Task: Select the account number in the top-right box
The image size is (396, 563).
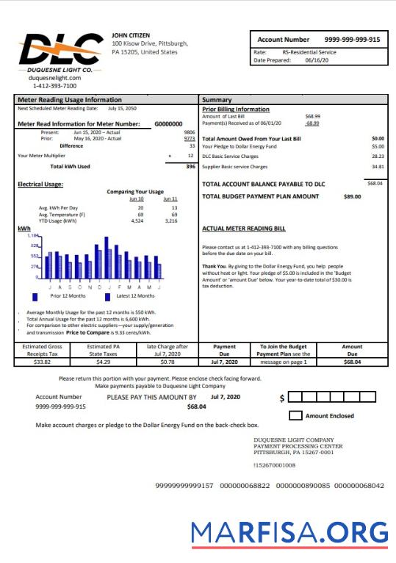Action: pyautogui.click(x=353, y=39)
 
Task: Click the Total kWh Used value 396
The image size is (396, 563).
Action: pyautogui.click(x=190, y=167)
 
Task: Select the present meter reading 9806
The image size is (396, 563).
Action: pyautogui.click(x=189, y=132)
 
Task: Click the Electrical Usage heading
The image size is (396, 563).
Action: pyautogui.click(x=40, y=184)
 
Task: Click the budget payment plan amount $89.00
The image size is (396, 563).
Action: pyautogui.click(x=352, y=197)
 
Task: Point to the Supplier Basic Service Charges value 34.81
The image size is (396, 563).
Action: pyautogui.click(x=378, y=167)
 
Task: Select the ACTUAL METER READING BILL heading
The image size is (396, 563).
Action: pyautogui.click(x=244, y=229)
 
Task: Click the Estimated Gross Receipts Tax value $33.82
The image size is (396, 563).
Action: pyautogui.click(x=43, y=362)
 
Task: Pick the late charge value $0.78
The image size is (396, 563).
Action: pyautogui.click(x=168, y=362)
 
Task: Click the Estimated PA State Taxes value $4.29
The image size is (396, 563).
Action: pyautogui.click(x=103, y=362)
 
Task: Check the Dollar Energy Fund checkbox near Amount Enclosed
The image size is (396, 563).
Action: pyautogui.click(x=295, y=416)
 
